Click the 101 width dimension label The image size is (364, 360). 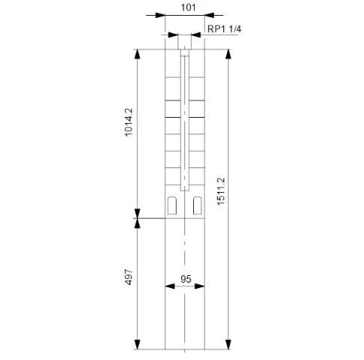[x=184, y=9]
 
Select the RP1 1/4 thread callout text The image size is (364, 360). [x=224, y=29]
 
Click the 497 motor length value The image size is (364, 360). [x=128, y=280]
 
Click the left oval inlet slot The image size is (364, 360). [x=172, y=205]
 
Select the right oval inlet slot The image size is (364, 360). [x=198, y=205]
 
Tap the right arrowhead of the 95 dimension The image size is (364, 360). [x=200, y=286]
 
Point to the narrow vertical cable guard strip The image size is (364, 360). [x=185, y=120]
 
